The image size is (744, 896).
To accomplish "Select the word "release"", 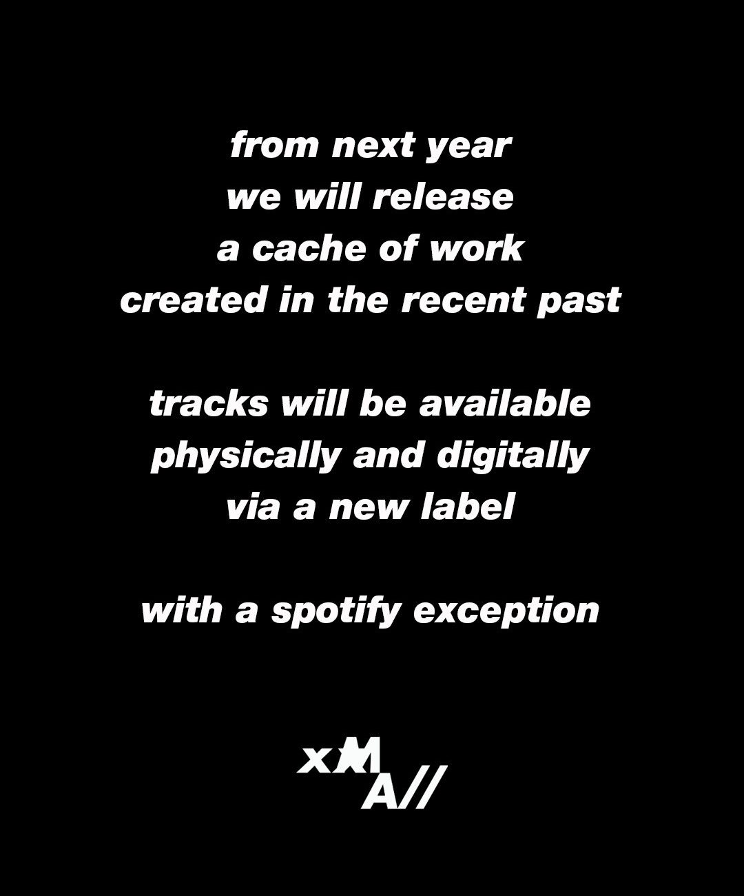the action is click(442, 196).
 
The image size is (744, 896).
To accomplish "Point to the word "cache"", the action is click(309, 248).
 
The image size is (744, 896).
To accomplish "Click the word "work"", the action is click(477, 248).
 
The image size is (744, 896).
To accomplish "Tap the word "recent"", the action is click(464, 300).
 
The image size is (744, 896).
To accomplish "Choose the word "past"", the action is click(579, 303).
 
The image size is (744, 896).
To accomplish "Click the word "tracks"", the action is click(209, 403).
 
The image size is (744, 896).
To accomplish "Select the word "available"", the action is click(505, 403).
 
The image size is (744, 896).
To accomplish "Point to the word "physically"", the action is click(246, 457).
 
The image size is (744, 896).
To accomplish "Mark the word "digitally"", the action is click(513, 457).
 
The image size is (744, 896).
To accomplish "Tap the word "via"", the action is click(253, 506).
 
